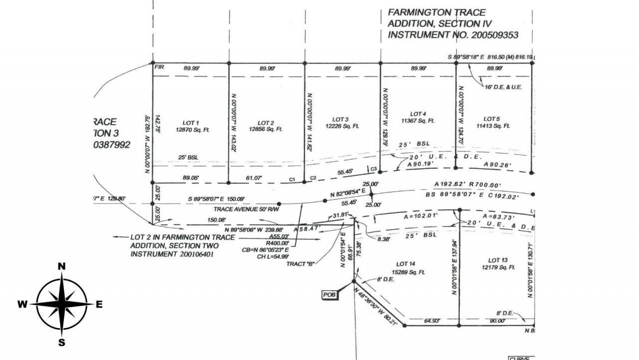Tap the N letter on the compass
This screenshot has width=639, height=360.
click(x=62, y=266)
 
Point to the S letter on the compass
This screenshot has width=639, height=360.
click(x=62, y=343)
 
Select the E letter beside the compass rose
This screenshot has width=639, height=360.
click(x=99, y=304)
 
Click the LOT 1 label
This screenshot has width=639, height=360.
click(x=191, y=123)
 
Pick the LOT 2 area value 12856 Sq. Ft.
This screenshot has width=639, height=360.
click(x=266, y=129)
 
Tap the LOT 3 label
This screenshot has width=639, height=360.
click(x=340, y=119)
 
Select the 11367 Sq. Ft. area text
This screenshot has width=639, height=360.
click(x=417, y=120)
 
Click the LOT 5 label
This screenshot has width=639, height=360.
click(x=492, y=119)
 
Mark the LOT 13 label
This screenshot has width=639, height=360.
click(x=498, y=260)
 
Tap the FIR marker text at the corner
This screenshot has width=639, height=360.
click(x=160, y=66)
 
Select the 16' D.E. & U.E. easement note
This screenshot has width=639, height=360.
click(x=503, y=87)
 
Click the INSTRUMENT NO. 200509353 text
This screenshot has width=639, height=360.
click(x=453, y=35)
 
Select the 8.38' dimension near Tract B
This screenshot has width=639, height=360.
click(x=384, y=240)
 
